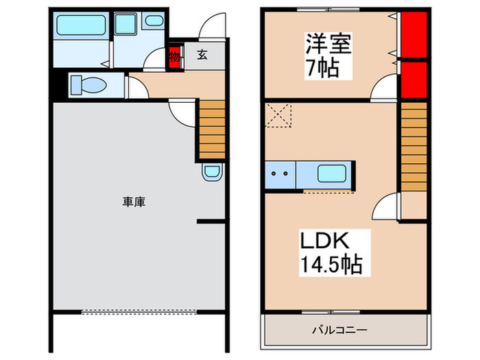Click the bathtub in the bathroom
click(x=81, y=26)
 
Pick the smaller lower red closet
click(x=413, y=80)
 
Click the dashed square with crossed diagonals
click(x=278, y=115)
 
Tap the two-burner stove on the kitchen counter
click(x=279, y=173)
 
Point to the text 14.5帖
click(x=330, y=264)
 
